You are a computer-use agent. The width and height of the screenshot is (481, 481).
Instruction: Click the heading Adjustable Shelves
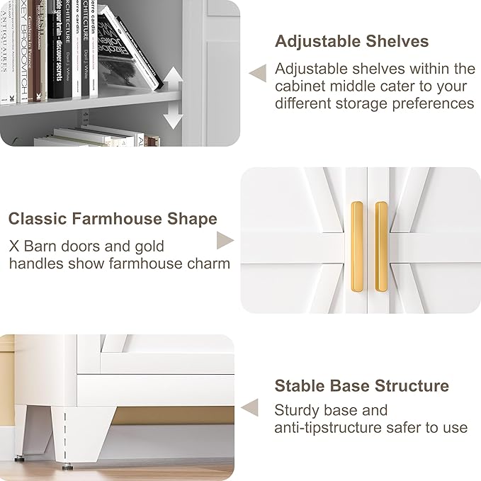(x=351, y=41)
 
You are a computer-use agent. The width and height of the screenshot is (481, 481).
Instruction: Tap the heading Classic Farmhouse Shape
(x=113, y=218)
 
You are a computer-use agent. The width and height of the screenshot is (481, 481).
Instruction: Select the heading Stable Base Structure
(x=361, y=386)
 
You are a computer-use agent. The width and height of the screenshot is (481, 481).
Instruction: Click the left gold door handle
(x=356, y=245)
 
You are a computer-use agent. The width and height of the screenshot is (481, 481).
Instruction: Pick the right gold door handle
(x=381, y=245)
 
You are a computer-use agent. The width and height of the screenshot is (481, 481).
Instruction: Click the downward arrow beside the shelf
(x=173, y=117)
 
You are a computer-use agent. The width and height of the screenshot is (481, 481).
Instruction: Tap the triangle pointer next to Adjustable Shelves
(x=259, y=72)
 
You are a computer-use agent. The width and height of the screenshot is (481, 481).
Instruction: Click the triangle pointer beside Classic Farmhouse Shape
(x=225, y=240)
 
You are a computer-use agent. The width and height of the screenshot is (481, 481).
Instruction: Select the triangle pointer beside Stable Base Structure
(x=249, y=407)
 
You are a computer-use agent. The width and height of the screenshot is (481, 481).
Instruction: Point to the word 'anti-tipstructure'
(x=335, y=428)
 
